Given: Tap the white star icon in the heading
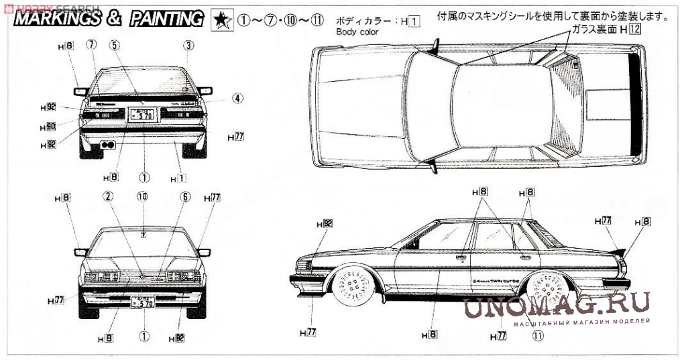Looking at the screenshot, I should coord(219,19).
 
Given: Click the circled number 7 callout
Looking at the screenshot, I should coord(92,45).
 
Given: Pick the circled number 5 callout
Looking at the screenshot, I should coord(115,45).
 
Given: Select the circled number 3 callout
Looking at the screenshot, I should coord(189,46).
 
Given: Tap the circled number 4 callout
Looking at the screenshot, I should coord(237,98).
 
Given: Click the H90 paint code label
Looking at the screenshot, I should coord(47,126).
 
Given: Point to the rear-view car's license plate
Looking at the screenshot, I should coord(142,115).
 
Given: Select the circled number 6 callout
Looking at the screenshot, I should coord(185,197).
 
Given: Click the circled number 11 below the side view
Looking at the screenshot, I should coord(537,337).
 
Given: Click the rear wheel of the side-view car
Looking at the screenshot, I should coord(545,290).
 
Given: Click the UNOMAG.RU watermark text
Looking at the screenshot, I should coord(556,305).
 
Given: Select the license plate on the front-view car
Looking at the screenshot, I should coord(142,302).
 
